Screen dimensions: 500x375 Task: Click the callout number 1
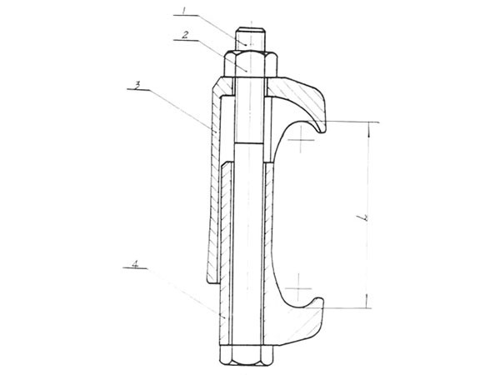coord(183,11)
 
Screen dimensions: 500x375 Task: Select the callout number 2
coord(185,35)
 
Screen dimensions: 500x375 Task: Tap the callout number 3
coord(137,85)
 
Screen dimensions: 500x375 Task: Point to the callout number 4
coord(136,264)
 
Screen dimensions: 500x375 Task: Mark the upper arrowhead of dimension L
coord(369,125)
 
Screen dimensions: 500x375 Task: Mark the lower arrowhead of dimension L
coord(367,304)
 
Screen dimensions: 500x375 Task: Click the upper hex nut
coord(251,64)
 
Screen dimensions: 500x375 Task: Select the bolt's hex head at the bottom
coord(246,356)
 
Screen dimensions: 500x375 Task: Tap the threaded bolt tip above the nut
coord(250,39)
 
